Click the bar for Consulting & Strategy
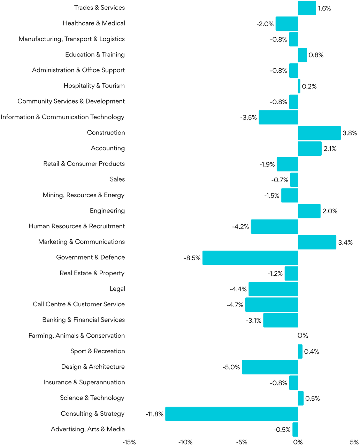(x=232, y=414)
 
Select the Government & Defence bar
(x=250, y=258)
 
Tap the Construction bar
(x=319, y=133)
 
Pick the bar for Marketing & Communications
(x=317, y=242)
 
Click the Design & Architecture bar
(x=270, y=367)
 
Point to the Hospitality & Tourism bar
(x=299, y=86)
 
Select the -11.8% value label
(x=155, y=414)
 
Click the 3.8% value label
(x=350, y=133)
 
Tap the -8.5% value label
(x=192, y=258)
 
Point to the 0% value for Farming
(x=303, y=336)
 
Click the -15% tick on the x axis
(x=129, y=442)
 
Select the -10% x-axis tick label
(x=185, y=442)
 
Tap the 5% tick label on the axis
(x=354, y=442)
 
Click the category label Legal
(x=117, y=289)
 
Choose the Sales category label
(x=117, y=179)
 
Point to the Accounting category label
(x=108, y=148)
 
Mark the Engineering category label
(x=107, y=211)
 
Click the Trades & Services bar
(x=307, y=8)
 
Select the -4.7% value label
(x=235, y=305)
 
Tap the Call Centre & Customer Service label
(x=79, y=305)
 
